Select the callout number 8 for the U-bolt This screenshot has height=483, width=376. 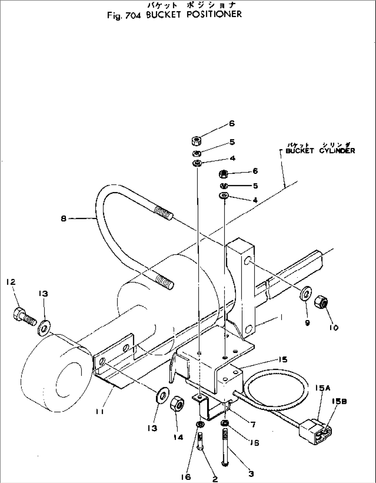click(63, 218)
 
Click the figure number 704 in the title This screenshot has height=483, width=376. click(132, 14)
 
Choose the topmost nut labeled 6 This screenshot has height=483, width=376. click(197, 140)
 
